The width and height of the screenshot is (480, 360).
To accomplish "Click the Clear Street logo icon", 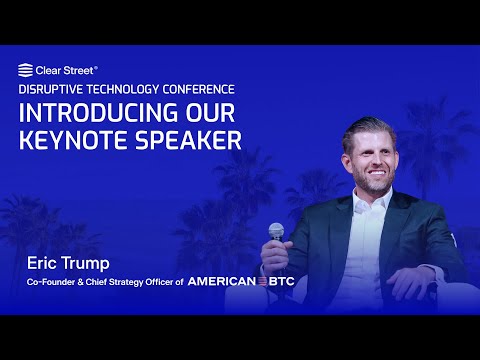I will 25,70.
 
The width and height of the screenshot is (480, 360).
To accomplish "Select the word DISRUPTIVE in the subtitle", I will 52,89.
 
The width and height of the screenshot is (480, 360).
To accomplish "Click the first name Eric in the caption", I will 42,264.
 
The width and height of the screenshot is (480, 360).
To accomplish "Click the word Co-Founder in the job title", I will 51,282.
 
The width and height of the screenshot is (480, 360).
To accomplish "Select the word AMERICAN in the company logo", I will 222,282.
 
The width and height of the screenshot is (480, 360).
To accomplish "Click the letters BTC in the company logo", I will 280,282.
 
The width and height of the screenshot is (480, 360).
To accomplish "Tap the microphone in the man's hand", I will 276,232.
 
